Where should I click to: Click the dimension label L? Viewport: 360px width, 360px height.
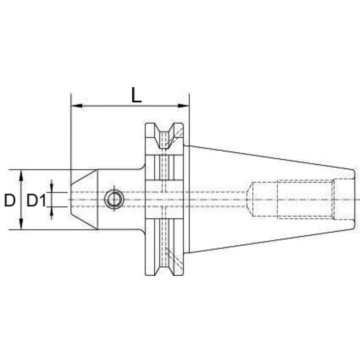(137, 94)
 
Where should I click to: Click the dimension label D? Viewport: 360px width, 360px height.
(10, 200)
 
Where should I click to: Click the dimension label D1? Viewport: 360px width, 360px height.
(36, 200)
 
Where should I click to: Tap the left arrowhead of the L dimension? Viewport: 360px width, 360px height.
(77, 106)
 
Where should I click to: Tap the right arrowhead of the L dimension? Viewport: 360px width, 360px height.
(183, 106)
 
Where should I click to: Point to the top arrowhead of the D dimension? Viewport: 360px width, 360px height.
(21, 175)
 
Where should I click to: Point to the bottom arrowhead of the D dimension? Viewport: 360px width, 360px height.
(21, 224)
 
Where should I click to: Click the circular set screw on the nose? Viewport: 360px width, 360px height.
(114, 199)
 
